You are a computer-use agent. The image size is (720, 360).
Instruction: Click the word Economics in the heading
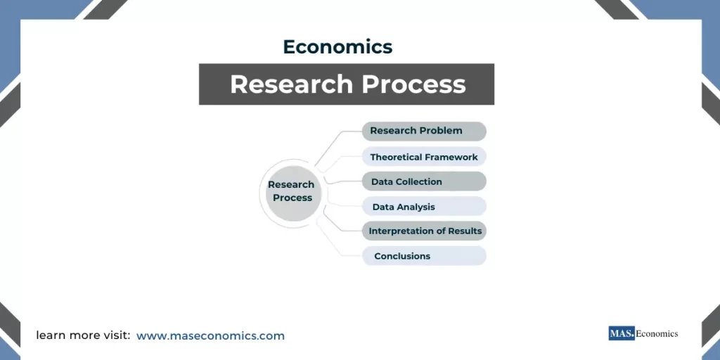[337, 47]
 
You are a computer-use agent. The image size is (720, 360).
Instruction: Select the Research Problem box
[424, 131]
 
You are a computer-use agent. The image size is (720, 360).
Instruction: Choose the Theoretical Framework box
[424, 157]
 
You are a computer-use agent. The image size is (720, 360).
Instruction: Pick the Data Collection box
[424, 181]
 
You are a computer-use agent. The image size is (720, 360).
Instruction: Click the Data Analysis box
[424, 207]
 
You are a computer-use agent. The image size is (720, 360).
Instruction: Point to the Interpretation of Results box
[425, 231]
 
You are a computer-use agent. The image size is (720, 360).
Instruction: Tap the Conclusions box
[424, 256]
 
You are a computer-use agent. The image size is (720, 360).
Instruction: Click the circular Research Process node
[292, 191]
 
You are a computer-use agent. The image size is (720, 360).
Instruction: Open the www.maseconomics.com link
[210, 336]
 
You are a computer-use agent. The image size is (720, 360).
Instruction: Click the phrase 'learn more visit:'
[83, 336]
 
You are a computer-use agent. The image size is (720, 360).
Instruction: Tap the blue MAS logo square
[622, 334]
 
